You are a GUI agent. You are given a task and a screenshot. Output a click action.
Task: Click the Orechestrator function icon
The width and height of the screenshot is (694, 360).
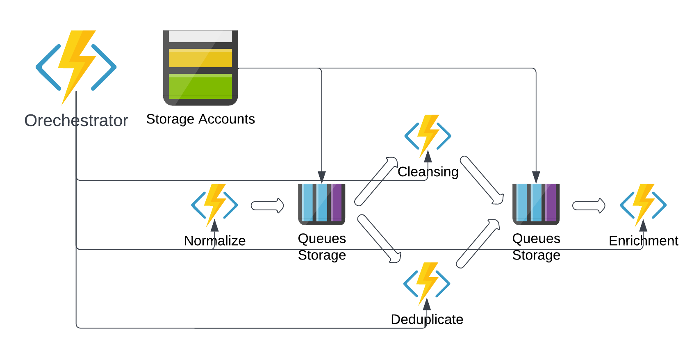pos(76,67)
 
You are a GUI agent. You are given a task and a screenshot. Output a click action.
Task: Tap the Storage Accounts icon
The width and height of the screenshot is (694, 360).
pos(200,68)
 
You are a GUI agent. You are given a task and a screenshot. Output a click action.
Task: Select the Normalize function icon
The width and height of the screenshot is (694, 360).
pos(215,205)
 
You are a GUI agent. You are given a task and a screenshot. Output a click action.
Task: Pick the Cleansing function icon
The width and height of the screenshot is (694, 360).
pos(428,136)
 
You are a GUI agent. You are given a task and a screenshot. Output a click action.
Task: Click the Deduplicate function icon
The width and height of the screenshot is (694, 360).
pos(427,283)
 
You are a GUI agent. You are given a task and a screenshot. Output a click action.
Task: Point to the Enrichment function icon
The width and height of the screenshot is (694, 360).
pos(643,205)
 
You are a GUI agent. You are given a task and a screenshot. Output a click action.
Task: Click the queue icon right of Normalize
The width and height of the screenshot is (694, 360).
pos(322,204)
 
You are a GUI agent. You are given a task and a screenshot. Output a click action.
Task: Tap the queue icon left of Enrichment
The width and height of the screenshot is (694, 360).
pos(536,204)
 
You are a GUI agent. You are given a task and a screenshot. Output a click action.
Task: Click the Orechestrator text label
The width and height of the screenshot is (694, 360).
pos(76,121)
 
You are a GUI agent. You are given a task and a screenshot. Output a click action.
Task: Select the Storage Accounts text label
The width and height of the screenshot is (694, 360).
pos(200,119)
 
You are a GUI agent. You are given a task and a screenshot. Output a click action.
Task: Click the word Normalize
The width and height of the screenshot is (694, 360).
pos(215,241)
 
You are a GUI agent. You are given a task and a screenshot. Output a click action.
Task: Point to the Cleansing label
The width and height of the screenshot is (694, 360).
pos(428,172)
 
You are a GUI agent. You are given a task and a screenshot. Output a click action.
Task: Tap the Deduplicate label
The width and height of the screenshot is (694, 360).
pos(427,319)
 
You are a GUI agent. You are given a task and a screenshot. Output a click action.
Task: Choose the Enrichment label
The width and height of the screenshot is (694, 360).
pos(644,241)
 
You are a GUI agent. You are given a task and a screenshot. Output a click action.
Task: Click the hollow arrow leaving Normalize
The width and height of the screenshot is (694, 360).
pos(267,206)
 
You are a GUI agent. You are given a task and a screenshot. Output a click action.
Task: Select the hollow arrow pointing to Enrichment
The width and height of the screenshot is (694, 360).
pos(589,206)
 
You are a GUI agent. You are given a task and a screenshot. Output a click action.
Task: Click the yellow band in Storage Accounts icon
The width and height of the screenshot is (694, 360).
pos(200,58)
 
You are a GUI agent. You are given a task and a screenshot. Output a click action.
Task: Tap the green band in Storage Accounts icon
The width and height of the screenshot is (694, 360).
pos(200,87)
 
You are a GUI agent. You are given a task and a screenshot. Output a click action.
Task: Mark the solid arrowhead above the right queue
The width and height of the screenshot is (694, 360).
pos(536,177)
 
